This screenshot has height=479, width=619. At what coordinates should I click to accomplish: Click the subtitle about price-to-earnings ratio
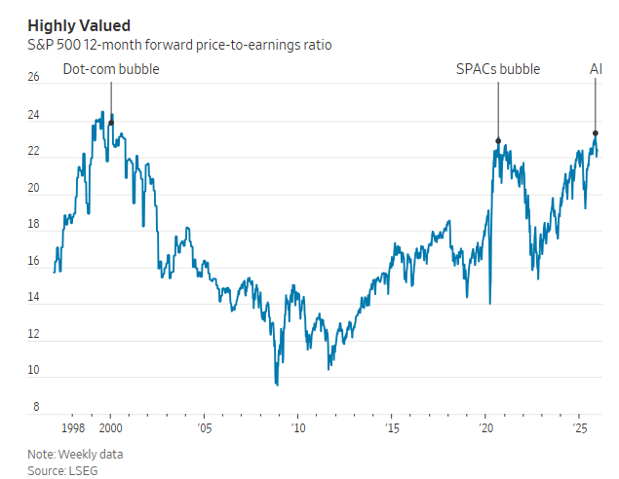pyautogui.click(x=179, y=45)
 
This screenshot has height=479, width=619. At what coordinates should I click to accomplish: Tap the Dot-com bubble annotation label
pyautogui.click(x=111, y=69)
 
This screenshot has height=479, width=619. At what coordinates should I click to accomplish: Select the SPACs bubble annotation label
pyautogui.click(x=498, y=69)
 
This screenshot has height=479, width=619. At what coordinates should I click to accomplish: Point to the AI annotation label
pyautogui.click(x=596, y=69)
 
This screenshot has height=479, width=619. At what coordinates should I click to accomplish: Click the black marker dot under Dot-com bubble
pyautogui.click(x=111, y=123)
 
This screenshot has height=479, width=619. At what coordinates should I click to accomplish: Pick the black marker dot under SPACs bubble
pyautogui.click(x=498, y=141)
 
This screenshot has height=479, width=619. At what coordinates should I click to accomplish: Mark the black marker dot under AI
pyautogui.click(x=596, y=133)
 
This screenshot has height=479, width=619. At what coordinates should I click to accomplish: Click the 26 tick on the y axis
pyautogui.click(x=34, y=78)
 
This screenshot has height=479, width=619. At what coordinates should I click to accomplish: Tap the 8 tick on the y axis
pyautogui.click(x=36, y=407)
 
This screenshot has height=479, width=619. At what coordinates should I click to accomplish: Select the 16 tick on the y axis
pyautogui.click(x=34, y=261)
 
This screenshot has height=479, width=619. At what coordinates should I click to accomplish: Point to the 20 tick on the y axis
pyautogui.click(x=34, y=188)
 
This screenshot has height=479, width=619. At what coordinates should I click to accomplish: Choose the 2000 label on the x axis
pyautogui.click(x=111, y=428)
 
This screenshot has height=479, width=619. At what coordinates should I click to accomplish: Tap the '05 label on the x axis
pyautogui.click(x=204, y=428)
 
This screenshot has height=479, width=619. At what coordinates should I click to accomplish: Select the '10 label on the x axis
pyautogui.click(x=297, y=428)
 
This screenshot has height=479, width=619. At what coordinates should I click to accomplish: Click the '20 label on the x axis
pyautogui.click(x=485, y=428)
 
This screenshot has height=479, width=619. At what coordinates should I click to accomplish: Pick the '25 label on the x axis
pyautogui.click(x=578, y=428)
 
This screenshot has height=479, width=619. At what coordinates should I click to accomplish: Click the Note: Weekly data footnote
pyautogui.click(x=75, y=454)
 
